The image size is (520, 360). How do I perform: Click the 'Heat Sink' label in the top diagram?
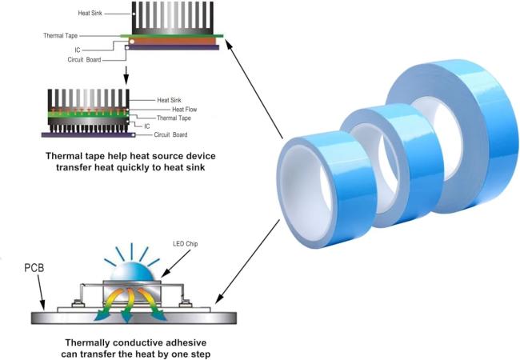90,14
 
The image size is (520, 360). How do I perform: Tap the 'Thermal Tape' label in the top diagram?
60,35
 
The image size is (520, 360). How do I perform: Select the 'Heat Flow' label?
184,110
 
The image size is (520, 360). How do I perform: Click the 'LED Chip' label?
185,244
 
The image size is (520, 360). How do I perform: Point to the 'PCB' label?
34,267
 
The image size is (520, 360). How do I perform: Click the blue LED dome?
132,271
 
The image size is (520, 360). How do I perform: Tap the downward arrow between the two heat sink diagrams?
126,75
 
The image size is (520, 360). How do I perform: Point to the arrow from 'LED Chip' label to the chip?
176,263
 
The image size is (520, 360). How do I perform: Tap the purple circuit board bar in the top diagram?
174,47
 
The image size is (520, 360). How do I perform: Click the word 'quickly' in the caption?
130,167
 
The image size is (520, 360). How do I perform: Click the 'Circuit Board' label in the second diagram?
170,134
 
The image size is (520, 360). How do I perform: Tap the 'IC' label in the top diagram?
78,50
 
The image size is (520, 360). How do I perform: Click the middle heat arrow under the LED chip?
128,304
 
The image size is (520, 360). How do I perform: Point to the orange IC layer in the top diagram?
173,41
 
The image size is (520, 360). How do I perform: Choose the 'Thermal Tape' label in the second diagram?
174,118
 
